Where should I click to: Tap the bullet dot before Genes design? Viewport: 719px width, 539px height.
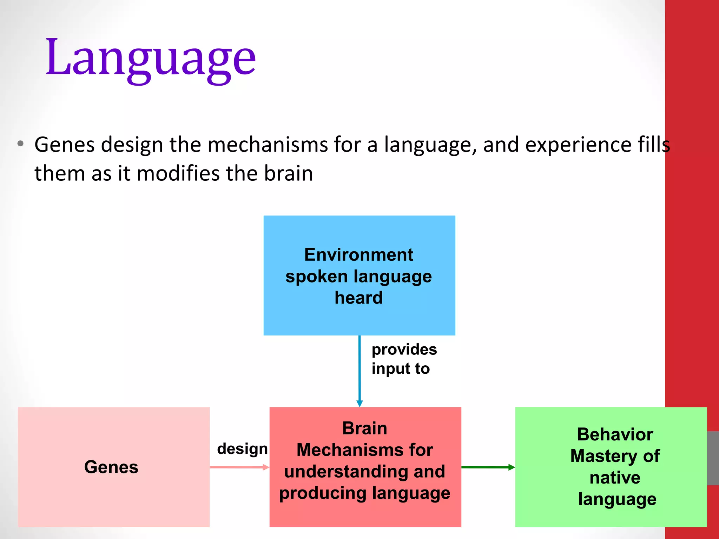pos(20,144)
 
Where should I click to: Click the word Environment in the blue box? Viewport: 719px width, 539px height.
pos(358,254)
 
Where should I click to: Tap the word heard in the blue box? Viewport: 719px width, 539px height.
pos(358,298)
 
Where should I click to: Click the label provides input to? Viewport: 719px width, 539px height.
pos(404,359)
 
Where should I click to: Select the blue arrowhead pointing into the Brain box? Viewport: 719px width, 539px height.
pos(359,403)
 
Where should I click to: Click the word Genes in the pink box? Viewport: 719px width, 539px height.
pos(111,467)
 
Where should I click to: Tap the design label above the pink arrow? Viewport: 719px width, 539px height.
pos(242,449)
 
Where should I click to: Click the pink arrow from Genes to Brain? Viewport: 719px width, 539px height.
pos(239,467)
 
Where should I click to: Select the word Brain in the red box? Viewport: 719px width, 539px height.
pos(365,428)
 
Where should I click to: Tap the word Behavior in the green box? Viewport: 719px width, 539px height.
pos(615,434)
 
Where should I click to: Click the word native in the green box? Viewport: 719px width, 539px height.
pos(615,478)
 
